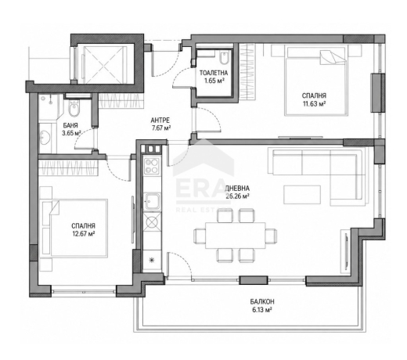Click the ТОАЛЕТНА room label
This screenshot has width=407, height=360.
coord(214,73)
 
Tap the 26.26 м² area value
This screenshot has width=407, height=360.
coord(237,196)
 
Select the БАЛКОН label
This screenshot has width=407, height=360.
coord(262,302)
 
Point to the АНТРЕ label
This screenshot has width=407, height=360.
coord(160,121)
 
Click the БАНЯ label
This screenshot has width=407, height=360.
coord(70,126)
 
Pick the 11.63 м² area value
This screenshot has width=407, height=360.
coord(314,104)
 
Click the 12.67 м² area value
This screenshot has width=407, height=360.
coord(83,234)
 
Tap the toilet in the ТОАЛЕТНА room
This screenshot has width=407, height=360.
coord(224,58)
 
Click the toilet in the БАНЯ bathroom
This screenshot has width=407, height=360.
coord(74,108)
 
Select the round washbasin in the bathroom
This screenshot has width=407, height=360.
coord(45,137)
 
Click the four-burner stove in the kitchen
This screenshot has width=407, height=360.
coord(152,166)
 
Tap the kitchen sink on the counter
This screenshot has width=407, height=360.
coord(152,202)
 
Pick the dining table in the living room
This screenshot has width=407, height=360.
coord(236,236)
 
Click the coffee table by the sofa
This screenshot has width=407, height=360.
coord(302,195)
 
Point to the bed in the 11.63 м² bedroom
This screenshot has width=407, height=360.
coord(316,81)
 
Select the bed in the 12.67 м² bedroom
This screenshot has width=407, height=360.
coord(74,229)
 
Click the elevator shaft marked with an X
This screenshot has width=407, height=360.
coord(104,64)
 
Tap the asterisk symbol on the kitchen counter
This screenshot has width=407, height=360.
coord(151,260)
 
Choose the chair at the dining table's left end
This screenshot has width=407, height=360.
coord(200,236)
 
